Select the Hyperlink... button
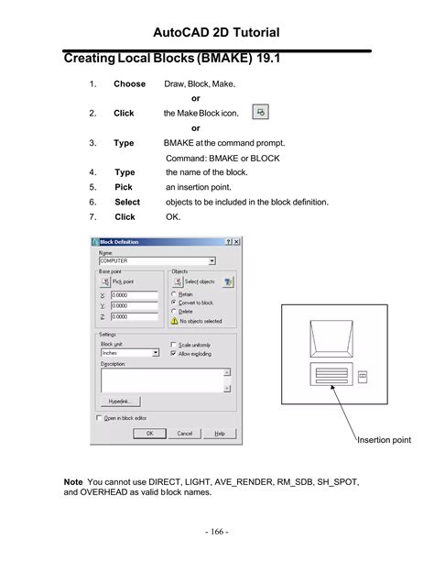(x=119, y=401)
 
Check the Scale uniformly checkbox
(x=175, y=344)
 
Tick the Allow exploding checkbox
(x=175, y=352)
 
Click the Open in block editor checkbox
(x=100, y=417)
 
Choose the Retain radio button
(x=174, y=293)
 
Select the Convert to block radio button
(x=174, y=302)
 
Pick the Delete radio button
(x=174, y=311)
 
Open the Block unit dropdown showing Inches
(x=129, y=352)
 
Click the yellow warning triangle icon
(x=174, y=321)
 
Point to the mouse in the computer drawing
(x=362, y=376)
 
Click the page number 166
(x=217, y=532)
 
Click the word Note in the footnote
(x=72, y=481)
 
